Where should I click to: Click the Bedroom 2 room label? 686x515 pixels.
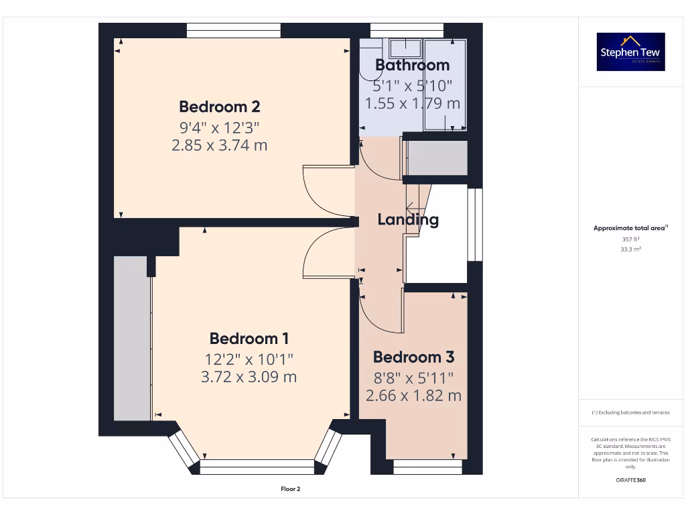219,107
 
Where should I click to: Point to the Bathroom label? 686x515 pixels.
412,65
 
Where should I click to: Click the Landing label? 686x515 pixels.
408,219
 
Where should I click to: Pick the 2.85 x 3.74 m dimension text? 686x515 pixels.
219,145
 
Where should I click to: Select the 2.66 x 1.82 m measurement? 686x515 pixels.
413,396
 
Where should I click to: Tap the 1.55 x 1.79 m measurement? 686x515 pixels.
412,103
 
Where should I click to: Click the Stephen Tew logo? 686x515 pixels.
630,52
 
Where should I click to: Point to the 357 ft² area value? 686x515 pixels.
630,239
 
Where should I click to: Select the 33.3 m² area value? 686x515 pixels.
630,249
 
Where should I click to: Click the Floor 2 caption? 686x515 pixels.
290,489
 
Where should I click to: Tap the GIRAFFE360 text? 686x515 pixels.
630,480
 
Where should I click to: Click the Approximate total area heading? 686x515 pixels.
630,228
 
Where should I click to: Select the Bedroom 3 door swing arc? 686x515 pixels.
379,315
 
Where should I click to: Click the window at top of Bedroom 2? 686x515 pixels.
233,30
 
